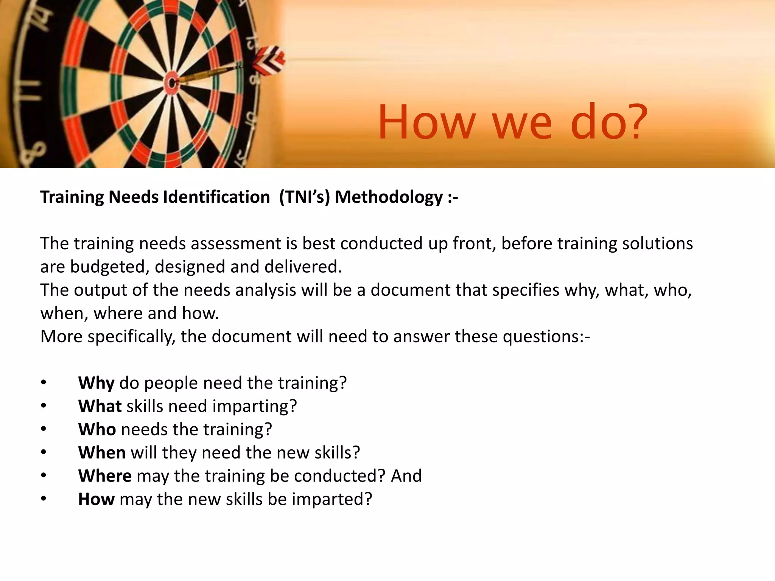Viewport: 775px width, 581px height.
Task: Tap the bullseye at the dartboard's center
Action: point(172,82)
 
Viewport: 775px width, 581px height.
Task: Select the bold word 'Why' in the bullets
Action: point(96,383)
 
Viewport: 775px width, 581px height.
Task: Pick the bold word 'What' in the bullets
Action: point(100,406)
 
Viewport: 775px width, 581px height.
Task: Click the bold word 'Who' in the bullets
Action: point(97,429)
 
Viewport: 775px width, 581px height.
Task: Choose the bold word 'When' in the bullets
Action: point(102,453)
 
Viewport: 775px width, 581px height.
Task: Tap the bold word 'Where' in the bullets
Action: point(105,476)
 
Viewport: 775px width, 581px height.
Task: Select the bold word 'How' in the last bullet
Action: point(96,499)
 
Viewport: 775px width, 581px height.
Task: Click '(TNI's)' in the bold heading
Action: point(305,197)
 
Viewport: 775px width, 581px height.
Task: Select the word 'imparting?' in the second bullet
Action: point(254,406)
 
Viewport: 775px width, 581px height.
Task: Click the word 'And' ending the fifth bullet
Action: point(406,476)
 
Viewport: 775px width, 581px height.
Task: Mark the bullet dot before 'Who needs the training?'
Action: point(44,429)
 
